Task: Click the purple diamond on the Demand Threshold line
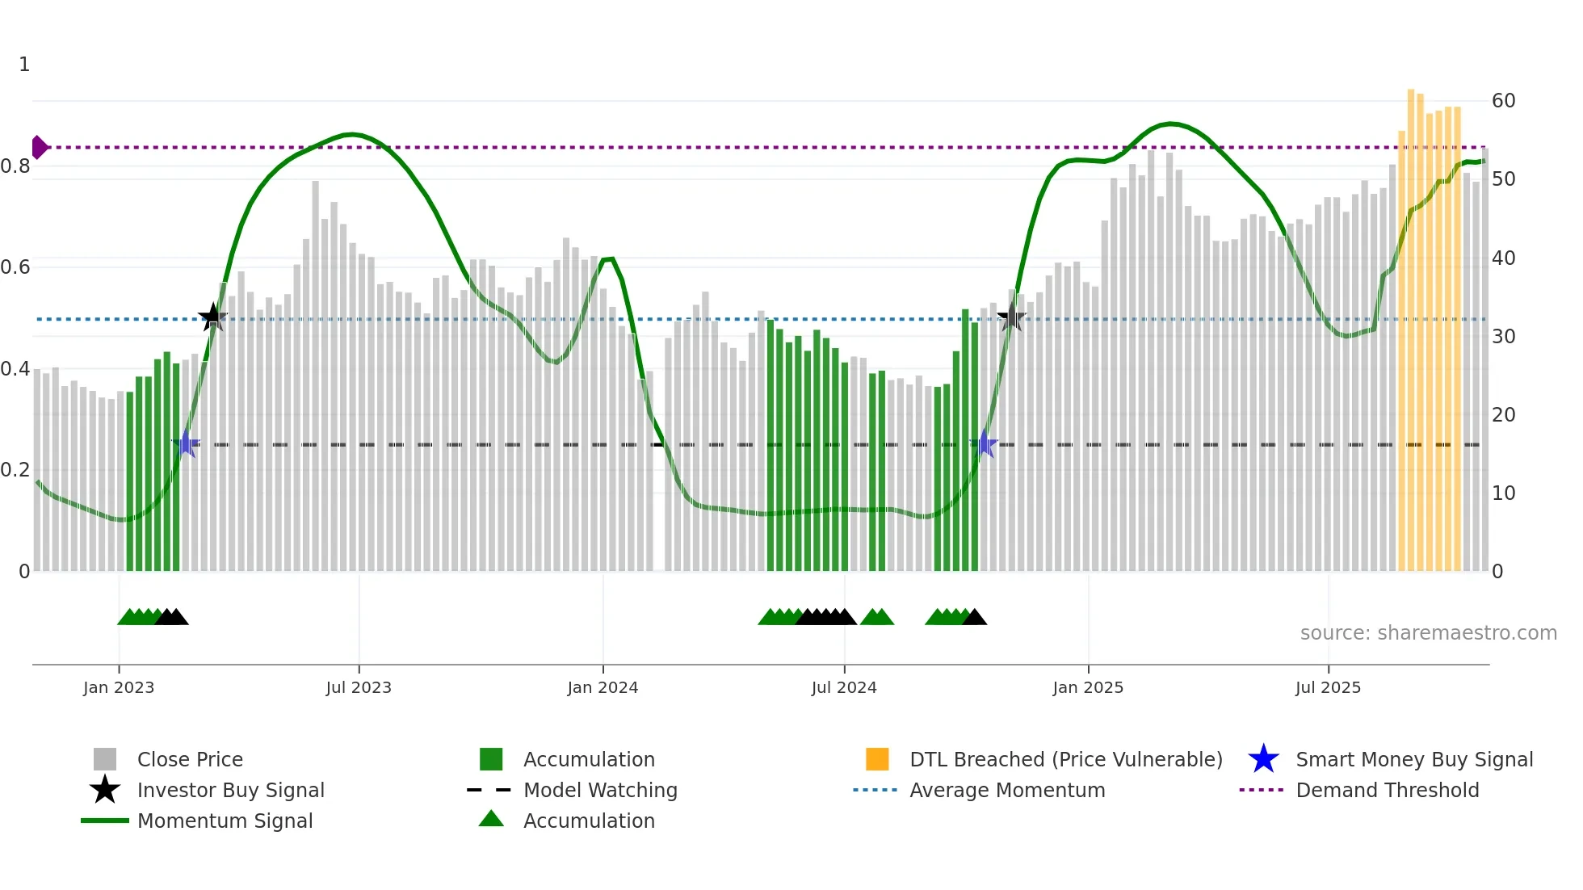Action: point(39,148)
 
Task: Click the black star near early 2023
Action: point(212,317)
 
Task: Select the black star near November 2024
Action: point(1011,317)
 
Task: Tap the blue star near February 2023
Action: point(186,443)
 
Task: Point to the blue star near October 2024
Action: point(985,443)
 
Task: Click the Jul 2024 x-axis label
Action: point(844,687)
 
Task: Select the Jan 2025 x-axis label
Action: point(1087,687)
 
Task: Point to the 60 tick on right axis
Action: point(1503,101)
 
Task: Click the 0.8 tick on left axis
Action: point(15,166)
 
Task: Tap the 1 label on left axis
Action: point(24,65)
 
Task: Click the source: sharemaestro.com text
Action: point(1428,633)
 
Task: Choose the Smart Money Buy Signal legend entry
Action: point(1413,760)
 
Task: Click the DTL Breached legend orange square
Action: point(877,759)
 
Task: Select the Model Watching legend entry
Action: point(599,791)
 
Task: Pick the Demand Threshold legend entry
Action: point(1387,791)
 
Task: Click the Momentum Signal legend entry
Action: point(225,821)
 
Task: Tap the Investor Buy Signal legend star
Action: point(105,790)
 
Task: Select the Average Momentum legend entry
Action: point(1006,791)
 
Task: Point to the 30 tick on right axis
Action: point(1503,337)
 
